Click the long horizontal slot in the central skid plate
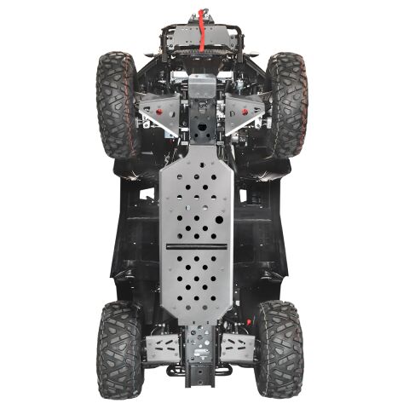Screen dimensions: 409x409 (x=197, y=246)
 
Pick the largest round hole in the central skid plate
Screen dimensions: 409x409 (x=219, y=219)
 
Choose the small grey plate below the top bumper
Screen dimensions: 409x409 (x=203, y=85)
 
